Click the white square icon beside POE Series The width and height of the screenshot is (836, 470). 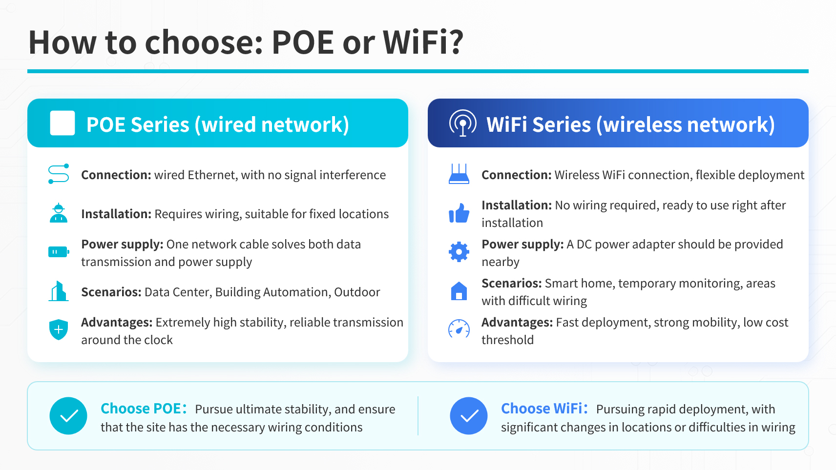click(63, 123)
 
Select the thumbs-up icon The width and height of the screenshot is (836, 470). click(459, 213)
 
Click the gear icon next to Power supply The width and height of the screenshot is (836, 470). click(459, 252)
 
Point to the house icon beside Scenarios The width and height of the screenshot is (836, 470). click(459, 291)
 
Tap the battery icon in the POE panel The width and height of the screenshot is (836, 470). click(59, 252)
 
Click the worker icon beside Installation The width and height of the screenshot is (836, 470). click(59, 213)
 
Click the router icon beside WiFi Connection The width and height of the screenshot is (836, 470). click(459, 174)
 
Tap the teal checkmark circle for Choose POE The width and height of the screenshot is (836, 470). click(68, 416)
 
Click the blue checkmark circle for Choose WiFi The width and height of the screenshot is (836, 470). click(469, 416)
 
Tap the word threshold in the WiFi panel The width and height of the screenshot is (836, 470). click(507, 340)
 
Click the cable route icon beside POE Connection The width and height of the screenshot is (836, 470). click(59, 174)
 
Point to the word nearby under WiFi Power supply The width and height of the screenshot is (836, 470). click(501, 262)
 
